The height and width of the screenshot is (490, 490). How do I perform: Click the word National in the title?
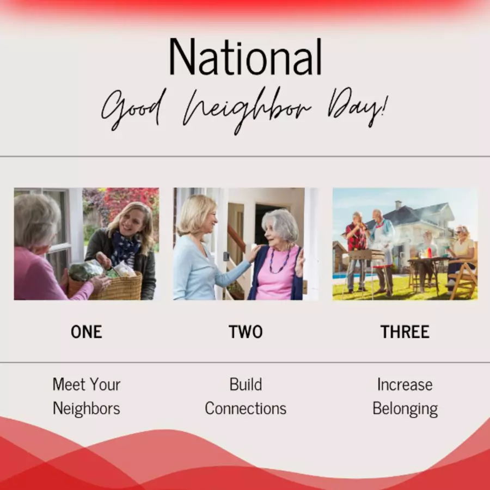(x=246, y=57)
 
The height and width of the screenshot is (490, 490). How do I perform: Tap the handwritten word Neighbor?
(x=247, y=110)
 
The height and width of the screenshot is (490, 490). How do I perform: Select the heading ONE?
(x=86, y=332)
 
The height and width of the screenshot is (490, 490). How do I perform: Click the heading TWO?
(x=246, y=332)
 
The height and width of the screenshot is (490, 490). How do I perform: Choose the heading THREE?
(x=405, y=332)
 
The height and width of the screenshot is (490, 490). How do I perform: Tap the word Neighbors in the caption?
(x=86, y=408)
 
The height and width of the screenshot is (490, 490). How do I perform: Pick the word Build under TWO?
(x=246, y=384)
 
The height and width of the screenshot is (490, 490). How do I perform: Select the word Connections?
(x=246, y=408)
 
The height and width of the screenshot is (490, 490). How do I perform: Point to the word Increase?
(x=405, y=384)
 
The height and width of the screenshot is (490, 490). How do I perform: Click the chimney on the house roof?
(x=398, y=205)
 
